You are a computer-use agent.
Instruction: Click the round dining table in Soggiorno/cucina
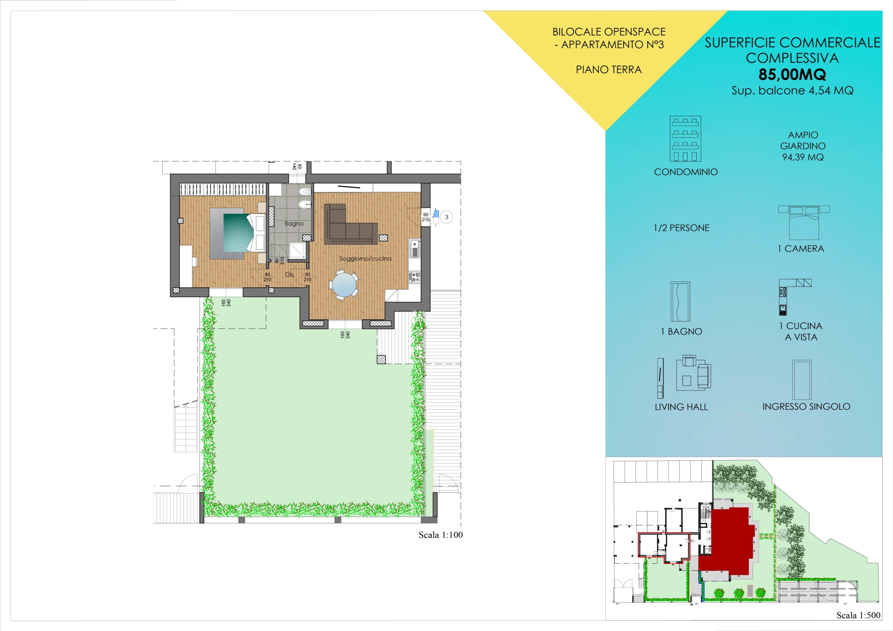(345, 284)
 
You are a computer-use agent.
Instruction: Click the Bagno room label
(294, 223)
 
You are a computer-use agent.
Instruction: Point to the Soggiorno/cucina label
(365, 259)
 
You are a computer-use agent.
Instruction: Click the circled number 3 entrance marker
(446, 217)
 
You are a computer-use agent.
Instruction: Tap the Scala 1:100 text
(441, 535)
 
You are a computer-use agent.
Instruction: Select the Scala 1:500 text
(858, 615)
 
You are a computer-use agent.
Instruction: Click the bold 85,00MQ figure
(792, 74)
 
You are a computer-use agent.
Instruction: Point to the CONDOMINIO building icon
(685, 139)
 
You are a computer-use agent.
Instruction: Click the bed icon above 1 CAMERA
(804, 222)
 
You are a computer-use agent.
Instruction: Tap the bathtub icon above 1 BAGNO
(680, 301)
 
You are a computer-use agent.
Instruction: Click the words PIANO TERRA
(609, 70)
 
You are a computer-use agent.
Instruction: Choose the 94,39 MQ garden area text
(803, 157)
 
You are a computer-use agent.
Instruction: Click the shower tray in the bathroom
(298, 251)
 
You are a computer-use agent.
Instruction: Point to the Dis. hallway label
(290, 274)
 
